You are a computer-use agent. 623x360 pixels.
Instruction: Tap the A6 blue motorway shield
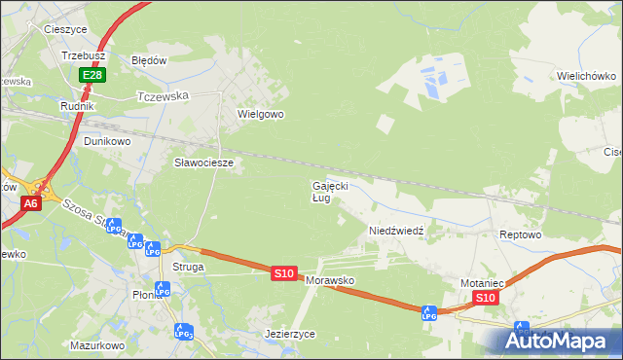[31, 203]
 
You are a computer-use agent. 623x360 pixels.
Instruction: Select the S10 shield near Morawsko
[283, 274]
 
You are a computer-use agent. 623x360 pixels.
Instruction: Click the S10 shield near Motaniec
[488, 298]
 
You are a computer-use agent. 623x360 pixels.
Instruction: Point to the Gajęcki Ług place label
[329, 191]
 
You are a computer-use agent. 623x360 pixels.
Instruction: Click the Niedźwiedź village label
[395, 231]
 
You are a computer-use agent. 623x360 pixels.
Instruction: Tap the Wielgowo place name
[260, 114]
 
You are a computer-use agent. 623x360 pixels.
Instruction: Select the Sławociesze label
[203, 162]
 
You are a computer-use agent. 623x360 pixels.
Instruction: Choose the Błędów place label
[150, 59]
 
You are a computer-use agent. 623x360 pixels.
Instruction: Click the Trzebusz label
[83, 56]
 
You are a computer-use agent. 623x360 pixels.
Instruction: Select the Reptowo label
[519, 235]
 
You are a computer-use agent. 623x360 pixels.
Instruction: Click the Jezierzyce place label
[290, 333]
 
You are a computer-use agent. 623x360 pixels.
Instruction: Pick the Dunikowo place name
[107, 140]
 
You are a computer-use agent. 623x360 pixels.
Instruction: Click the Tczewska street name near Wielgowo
[163, 96]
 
